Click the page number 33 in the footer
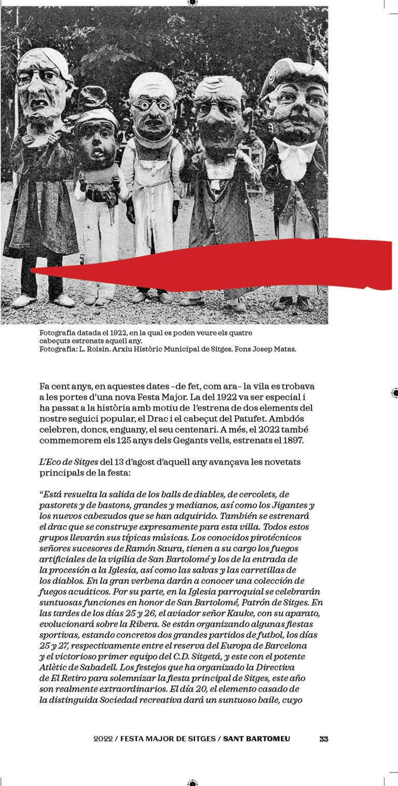point(324,739)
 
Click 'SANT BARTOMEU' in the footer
point(256,739)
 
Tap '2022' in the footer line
point(103,739)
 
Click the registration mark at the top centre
point(193,3)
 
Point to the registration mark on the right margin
point(394,393)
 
